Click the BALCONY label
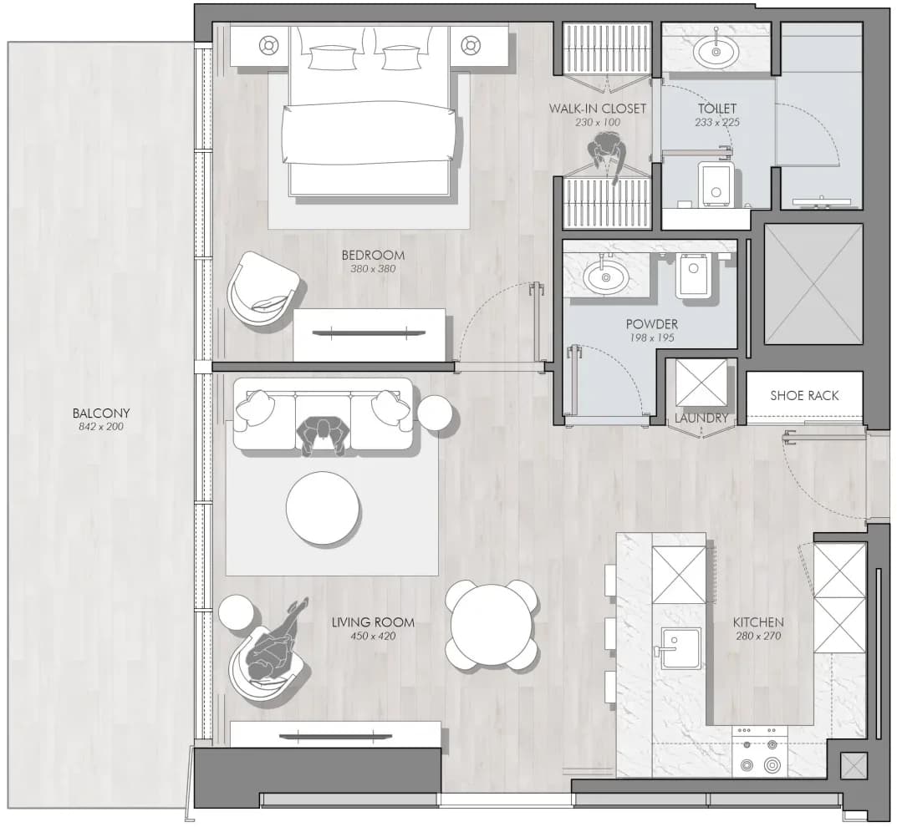pos(101,413)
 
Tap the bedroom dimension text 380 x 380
pos(373,269)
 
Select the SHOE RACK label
pos(804,395)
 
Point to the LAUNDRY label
pos(701,419)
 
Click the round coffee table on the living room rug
pos(324,508)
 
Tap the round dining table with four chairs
pos(492,625)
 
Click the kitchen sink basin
pos(680,647)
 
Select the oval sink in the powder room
pos(606,278)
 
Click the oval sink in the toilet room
pos(716,52)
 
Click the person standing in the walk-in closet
pos(607,155)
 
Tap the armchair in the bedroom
pos(264,289)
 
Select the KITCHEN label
pos(758,622)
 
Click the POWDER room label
pos(651,324)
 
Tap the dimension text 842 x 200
pos(101,426)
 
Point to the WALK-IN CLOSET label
pos(598,108)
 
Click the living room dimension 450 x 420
pos(373,636)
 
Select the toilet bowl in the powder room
pos(693,276)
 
